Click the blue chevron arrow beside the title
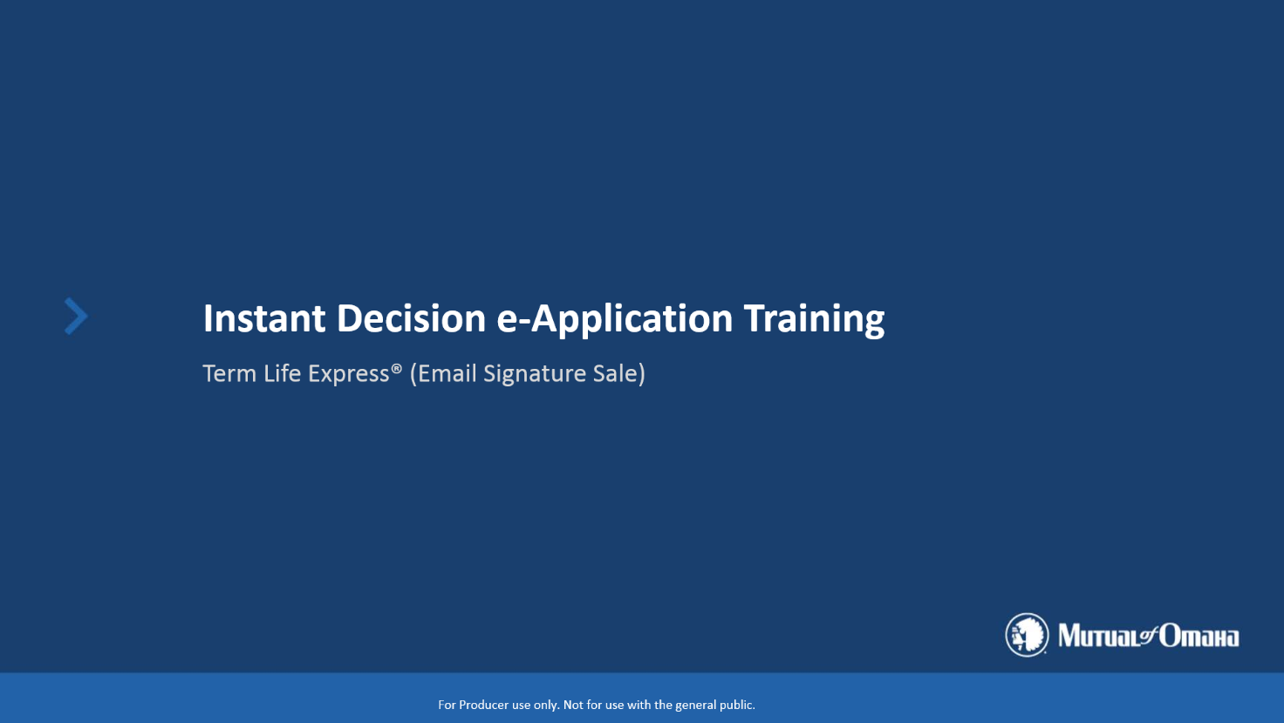pyautogui.click(x=76, y=316)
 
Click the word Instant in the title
pyautogui.click(x=264, y=318)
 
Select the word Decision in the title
pyautogui.click(x=411, y=318)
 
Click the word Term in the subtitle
pyautogui.click(x=229, y=373)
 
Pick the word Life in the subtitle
pyautogui.click(x=282, y=373)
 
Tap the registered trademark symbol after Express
pyautogui.click(x=396, y=369)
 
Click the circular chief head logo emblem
pyautogui.click(x=1027, y=635)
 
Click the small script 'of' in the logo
pyautogui.click(x=1149, y=635)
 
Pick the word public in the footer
pyautogui.click(x=737, y=706)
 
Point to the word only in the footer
pyautogui.click(x=546, y=706)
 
